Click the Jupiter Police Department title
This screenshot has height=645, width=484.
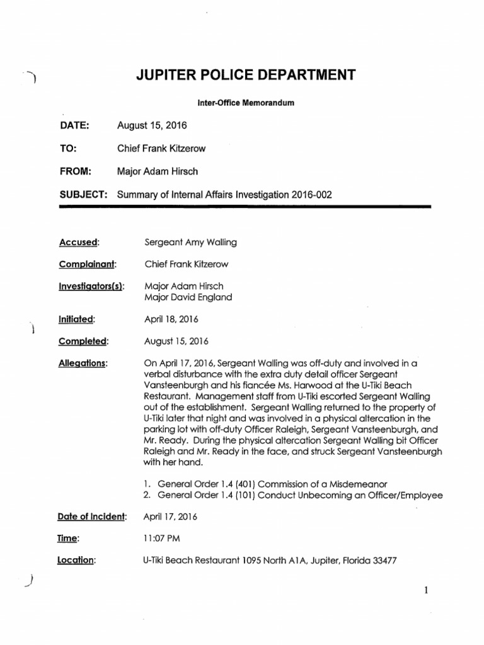pos(246,76)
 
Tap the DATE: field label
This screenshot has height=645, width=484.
pos(75,125)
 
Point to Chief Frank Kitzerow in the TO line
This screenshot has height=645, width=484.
pos(161,149)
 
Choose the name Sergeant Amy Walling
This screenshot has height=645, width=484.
pos(191,243)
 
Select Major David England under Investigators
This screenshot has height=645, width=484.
pos(188,297)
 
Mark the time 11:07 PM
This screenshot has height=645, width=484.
pos(162,539)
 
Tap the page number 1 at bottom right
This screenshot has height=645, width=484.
pos(426,590)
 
